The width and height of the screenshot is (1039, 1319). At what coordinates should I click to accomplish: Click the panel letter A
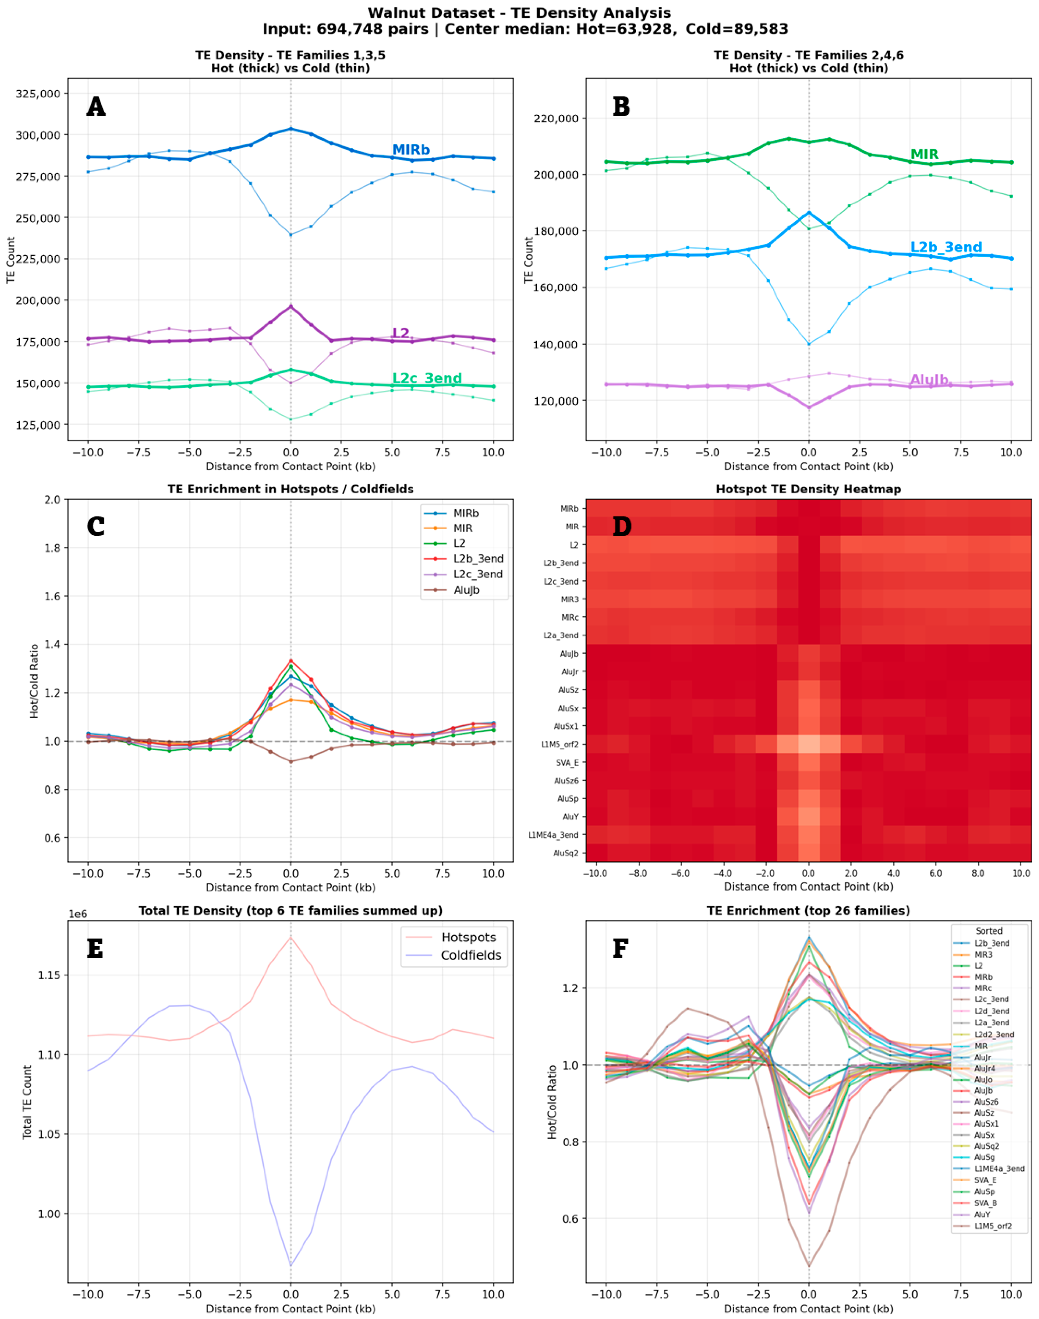tap(96, 107)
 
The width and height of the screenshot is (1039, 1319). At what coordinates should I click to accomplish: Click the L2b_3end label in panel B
tap(946, 247)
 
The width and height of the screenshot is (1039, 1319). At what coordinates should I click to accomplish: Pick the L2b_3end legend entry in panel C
tap(478, 559)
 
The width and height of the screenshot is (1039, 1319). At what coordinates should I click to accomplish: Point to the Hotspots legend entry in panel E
tap(468, 937)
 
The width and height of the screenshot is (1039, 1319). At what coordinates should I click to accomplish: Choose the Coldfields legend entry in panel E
tap(471, 955)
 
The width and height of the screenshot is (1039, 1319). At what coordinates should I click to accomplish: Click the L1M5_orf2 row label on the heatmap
tap(560, 744)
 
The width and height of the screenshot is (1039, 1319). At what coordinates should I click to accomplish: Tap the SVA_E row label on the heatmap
tap(567, 762)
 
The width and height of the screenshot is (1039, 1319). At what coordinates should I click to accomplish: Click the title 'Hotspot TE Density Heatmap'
tap(808, 489)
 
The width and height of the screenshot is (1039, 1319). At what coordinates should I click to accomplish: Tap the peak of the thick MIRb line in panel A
tap(291, 128)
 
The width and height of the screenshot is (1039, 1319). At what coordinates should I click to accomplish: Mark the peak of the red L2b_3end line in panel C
tap(291, 661)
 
